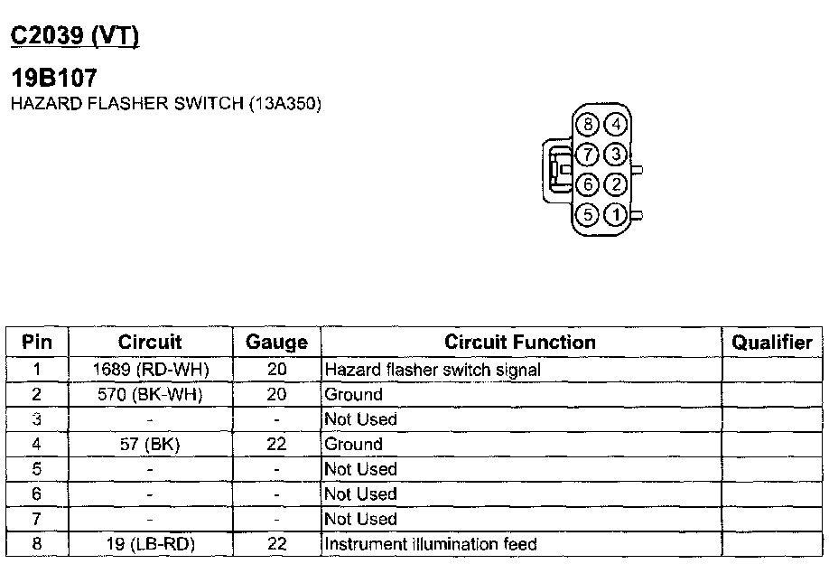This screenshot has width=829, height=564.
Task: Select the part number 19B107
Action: tap(53, 79)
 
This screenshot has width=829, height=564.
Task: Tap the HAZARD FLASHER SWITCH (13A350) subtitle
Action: tap(165, 103)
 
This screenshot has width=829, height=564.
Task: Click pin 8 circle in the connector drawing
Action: tap(589, 125)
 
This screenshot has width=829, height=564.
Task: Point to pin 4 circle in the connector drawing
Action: tap(615, 125)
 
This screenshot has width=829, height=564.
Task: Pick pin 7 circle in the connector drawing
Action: tap(588, 155)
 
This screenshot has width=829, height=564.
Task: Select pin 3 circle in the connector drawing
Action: tap(615, 155)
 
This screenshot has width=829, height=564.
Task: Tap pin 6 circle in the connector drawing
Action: tap(588, 185)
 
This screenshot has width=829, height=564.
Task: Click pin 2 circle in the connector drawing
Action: tap(615, 185)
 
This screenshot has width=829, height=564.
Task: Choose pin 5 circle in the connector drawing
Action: tap(588, 215)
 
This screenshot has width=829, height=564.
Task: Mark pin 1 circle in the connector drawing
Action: tap(615, 215)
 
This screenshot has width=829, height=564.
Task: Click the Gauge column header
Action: tap(276, 343)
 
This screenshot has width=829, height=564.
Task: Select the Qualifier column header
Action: tap(771, 343)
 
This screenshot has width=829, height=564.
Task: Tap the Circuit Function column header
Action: tap(520, 343)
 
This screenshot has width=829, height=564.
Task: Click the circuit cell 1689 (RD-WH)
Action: tap(150, 370)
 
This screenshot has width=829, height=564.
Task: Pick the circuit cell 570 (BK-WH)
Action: tap(150, 394)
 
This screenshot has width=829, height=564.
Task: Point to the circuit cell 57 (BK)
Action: tap(150, 445)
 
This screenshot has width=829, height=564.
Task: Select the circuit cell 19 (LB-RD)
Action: tap(150, 544)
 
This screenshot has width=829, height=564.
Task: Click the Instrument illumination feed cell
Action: tap(431, 544)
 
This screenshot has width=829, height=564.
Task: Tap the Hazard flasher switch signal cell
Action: tap(433, 370)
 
